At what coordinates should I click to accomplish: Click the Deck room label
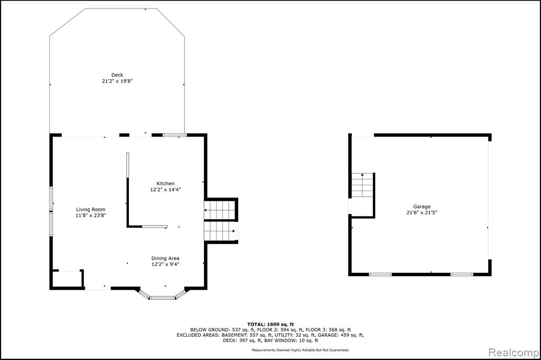click(117, 75)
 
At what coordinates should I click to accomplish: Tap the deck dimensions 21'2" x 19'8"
click(117, 81)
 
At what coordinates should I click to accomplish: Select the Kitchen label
click(165, 184)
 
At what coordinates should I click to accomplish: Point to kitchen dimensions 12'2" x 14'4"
click(165, 190)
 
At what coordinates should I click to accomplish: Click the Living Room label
click(91, 210)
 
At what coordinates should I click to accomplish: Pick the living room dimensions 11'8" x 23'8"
click(91, 215)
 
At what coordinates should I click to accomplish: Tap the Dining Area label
click(165, 258)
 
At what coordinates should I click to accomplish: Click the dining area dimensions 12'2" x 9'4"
click(165, 264)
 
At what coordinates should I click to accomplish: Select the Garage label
click(422, 206)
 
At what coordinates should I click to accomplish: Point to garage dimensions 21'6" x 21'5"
click(422, 213)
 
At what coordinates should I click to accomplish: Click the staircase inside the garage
click(362, 185)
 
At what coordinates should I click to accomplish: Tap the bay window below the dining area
click(162, 294)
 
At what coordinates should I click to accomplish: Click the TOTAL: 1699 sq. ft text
click(270, 324)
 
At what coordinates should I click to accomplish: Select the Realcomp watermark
click(514, 353)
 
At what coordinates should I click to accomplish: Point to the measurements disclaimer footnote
click(300, 350)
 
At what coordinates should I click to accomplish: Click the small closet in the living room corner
click(68, 279)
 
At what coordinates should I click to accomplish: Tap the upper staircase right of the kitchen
click(220, 210)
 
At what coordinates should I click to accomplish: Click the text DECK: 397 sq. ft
click(242, 340)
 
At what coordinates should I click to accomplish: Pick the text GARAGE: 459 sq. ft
click(340, 335)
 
